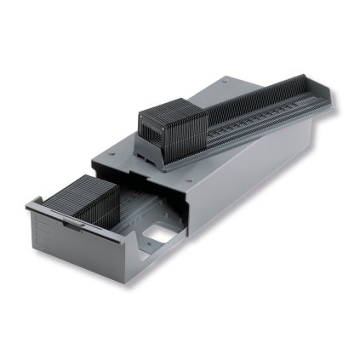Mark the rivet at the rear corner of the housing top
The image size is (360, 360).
(x=226, y=81)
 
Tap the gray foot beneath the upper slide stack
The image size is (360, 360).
(x=162, y=157)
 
